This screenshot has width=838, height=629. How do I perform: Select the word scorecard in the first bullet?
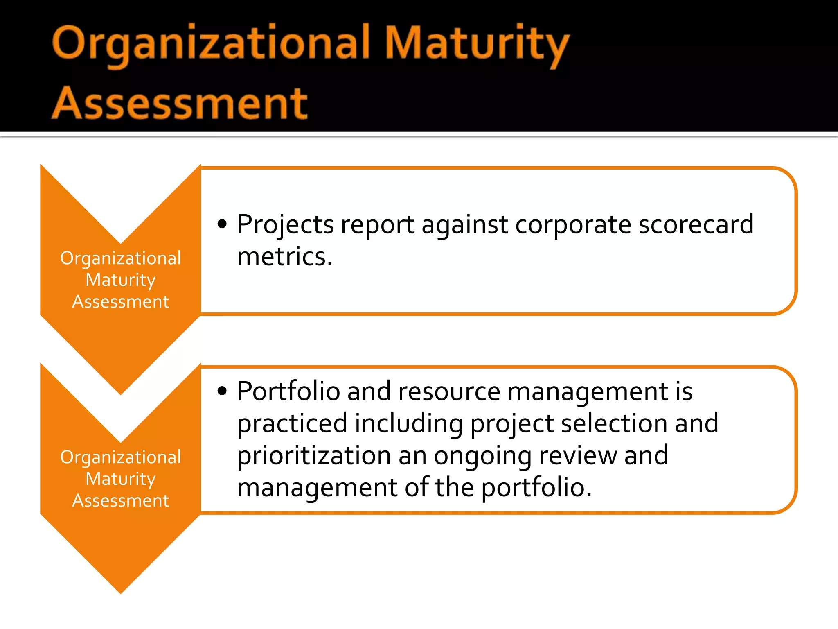click(x=696, y=224)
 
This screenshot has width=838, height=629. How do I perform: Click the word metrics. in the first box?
click(x=285, y=257)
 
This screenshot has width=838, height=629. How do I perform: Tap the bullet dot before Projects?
click(x=222, y=224)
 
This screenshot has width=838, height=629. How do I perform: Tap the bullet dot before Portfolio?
click(x=222, y=391)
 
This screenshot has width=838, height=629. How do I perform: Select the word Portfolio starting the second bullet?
click(x=288, y=391)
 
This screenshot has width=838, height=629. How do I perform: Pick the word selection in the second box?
click(x=614, y=423)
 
